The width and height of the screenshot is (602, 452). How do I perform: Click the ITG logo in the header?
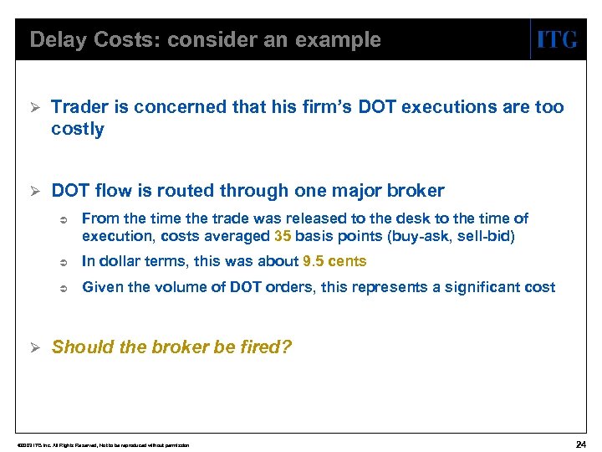tap(556, 39)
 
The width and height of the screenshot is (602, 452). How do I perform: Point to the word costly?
tap(78, 129)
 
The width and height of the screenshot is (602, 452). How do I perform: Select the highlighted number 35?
tap(283, 236)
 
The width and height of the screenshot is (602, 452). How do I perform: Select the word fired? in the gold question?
tap(263, 347)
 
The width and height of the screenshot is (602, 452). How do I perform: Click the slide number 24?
tap(581, 443)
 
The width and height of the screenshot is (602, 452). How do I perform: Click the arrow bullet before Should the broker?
tap(34, 347)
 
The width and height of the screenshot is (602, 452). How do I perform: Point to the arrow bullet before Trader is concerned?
tap(34, 107)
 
